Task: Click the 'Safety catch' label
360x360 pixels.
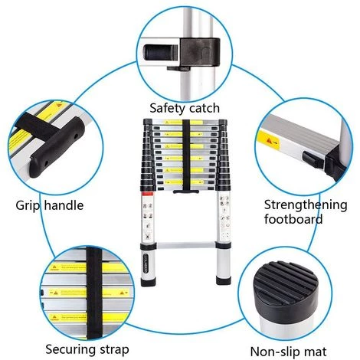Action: coord(184,108)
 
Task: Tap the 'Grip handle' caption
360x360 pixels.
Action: coord(49,205)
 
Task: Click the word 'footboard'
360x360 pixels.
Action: coord(293,219)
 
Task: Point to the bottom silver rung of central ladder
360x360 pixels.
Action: coord(183,247)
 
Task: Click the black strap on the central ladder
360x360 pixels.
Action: coord(185,157)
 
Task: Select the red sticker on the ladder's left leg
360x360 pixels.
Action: coord(146,206)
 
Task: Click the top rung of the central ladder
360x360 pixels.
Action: coord(184,122)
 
